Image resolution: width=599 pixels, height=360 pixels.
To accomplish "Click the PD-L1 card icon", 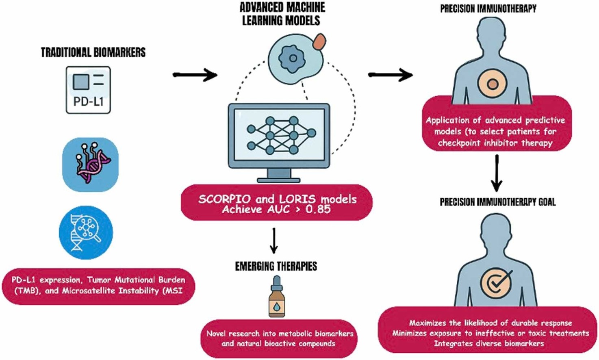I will (x=88, y=90).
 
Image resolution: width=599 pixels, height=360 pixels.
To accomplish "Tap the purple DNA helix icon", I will (x=90, y=164).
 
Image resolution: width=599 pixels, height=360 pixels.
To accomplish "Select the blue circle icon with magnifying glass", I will (x=86, y=232).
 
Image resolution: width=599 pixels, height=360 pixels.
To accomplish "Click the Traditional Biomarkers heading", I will (x=93, y=52).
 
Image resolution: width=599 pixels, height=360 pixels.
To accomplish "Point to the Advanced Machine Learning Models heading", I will (x=282, y=14).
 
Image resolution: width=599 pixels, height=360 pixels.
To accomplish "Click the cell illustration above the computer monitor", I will (x=295, y=59).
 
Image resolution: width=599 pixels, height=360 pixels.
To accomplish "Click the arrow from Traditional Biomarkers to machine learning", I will (x=195, y=75).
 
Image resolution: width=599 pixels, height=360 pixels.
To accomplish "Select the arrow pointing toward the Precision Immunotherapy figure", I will (x=390, y=75).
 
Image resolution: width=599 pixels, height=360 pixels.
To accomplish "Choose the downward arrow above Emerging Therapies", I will (x=274, y=241).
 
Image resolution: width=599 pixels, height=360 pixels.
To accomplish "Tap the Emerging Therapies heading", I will (x=276, y=267).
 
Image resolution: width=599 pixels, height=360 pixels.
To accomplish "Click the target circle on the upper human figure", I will (x=492, y=84).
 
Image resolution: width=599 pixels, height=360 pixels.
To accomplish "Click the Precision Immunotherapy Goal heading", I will (x=497, y=202).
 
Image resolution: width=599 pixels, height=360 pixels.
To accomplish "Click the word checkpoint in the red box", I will (x=460, y=143).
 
